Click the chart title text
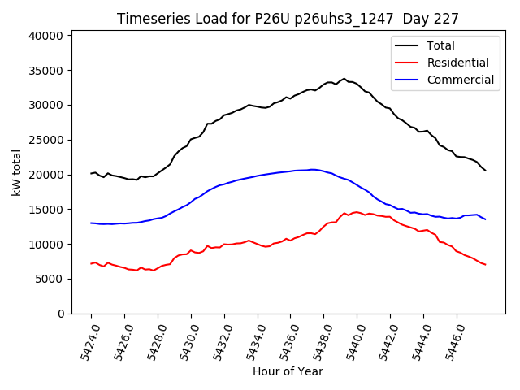[288, 19]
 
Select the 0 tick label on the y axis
[61, 314]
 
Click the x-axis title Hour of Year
[288, 372]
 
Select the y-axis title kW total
[17, 172]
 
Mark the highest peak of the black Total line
[344, 79]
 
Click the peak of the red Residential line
[356, 212]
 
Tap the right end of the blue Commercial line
[485, 219]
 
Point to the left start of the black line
[91, 173]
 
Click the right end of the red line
[485, 265]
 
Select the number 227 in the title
[445, 19]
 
